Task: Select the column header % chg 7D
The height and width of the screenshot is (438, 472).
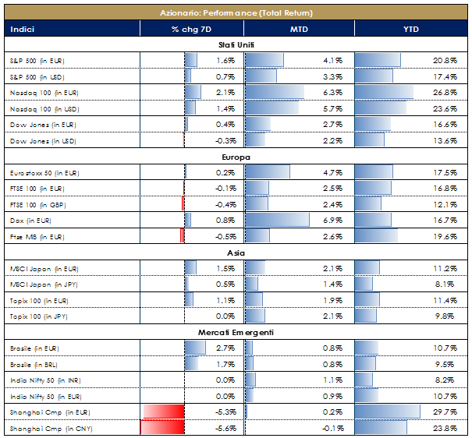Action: tap(191, 30)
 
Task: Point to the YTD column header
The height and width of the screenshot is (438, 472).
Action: tap(410, 30)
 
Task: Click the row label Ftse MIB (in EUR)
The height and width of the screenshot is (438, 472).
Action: tap(40, 236)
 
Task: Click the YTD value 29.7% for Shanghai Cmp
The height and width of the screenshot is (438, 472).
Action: tap(446, 412)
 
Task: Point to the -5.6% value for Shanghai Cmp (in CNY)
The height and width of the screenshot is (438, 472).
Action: tap(224, 429)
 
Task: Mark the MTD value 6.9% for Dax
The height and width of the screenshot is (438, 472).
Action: tap(333, 221)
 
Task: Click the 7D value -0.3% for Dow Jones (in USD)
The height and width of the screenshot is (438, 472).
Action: tap(224, 141)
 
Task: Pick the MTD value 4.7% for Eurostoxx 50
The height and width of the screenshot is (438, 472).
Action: tap(333, 172)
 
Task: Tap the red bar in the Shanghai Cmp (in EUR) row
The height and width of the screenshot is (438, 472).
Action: tap(162, 412)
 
